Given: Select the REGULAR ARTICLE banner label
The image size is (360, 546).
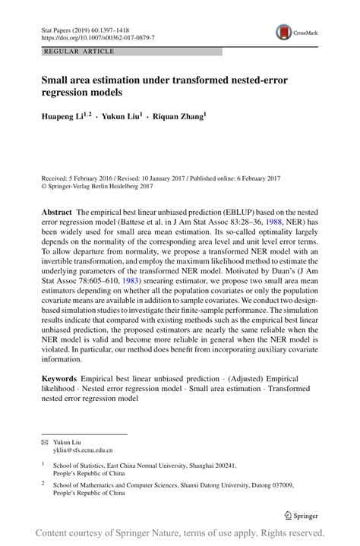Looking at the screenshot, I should pos(81,52).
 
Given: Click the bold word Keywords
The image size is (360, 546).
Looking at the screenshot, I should pos(62,377).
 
